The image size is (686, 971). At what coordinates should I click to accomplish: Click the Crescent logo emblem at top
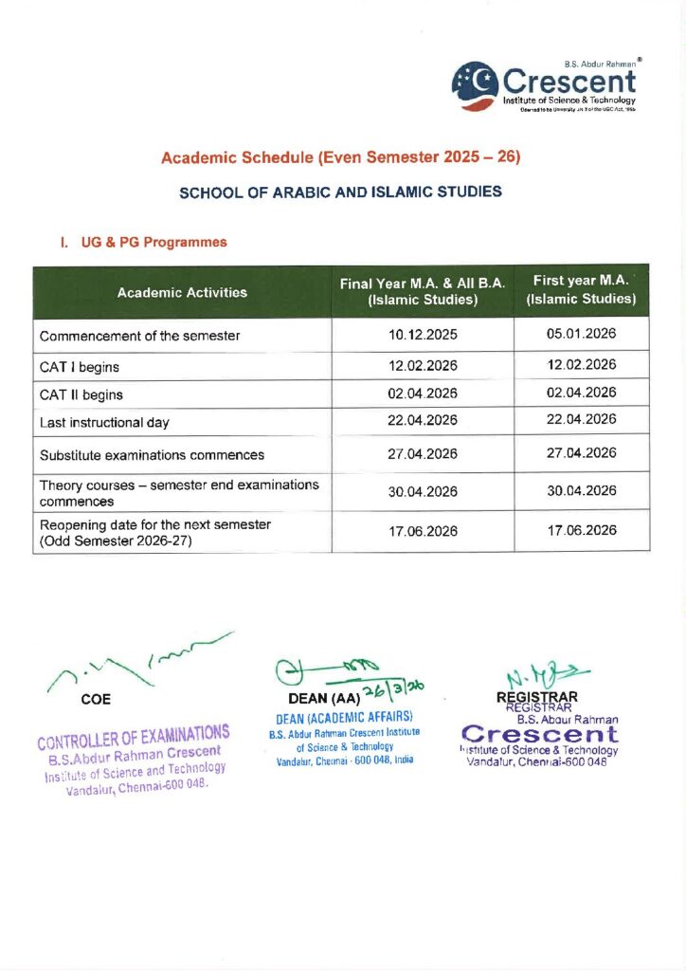tap(474, 82)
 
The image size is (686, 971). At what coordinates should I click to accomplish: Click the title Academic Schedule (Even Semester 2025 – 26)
tap(341, 156)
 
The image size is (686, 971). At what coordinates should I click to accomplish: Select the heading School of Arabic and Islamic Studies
tap(340, 192)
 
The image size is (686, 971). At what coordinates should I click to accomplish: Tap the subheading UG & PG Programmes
tap(143, 243)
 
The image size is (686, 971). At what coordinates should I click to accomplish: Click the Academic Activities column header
tap(182, 292)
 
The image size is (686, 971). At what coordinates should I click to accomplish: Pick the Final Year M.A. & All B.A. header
tap(423, 292)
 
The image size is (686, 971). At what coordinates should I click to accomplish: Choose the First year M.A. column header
tap(582, 290)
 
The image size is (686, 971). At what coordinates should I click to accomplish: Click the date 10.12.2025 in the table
tap(423, 336)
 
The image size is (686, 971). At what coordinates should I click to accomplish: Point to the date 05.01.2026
tap(582, 335)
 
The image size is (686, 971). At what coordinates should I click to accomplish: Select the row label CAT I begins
tap(79, 366)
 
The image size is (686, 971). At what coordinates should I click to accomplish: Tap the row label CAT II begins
tap(81, 394)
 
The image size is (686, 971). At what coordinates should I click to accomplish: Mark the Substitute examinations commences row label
tap(152, 454)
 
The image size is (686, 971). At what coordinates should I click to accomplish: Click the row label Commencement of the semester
tap(139, 336)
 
